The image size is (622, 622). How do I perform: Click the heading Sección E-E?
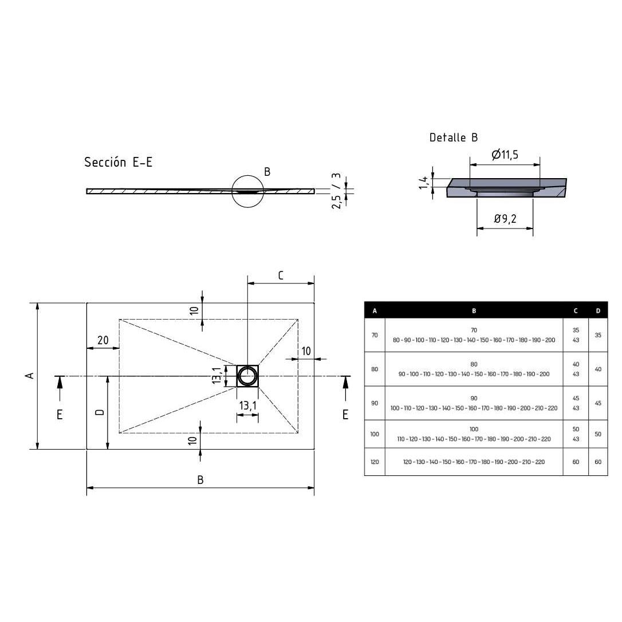tap(118, 162)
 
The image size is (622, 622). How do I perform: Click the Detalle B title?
tap(454, 137)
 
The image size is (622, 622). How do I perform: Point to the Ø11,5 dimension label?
tap(505, 154)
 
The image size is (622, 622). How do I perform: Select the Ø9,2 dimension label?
tap(505, 219)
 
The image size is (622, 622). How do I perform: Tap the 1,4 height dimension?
tap(424, 183)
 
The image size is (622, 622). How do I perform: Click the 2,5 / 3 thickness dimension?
tap(336, 191)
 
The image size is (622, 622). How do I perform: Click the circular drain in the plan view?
tap(247, 376)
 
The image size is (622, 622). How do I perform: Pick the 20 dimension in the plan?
tap(103, 340)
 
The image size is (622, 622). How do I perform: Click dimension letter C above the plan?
tap(281, 275)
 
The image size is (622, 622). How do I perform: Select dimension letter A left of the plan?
tap(29, 375)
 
